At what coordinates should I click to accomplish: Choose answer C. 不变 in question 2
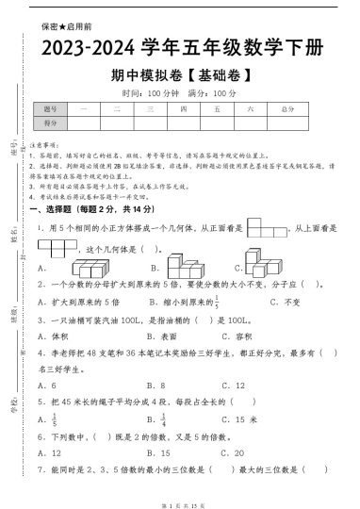[x=284, y=303]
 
